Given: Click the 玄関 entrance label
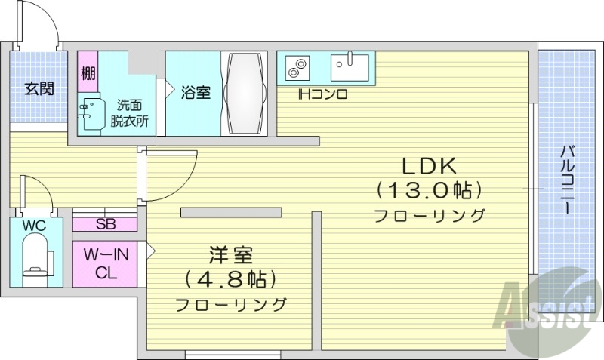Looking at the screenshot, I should coord(39,89).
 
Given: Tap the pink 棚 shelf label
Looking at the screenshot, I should coord(88,74).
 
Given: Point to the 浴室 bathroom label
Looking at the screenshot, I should coord(196,92).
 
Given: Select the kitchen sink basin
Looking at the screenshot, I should coord(350,67).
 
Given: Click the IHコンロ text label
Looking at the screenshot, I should coord(322,94).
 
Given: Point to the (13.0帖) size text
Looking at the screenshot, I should coord(429,189).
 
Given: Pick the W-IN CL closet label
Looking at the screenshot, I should coord(106,263).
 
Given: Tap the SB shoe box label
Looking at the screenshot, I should coord(106,224).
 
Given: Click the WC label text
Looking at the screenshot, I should coord(34,226).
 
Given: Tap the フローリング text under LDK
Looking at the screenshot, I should coord(429,216).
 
